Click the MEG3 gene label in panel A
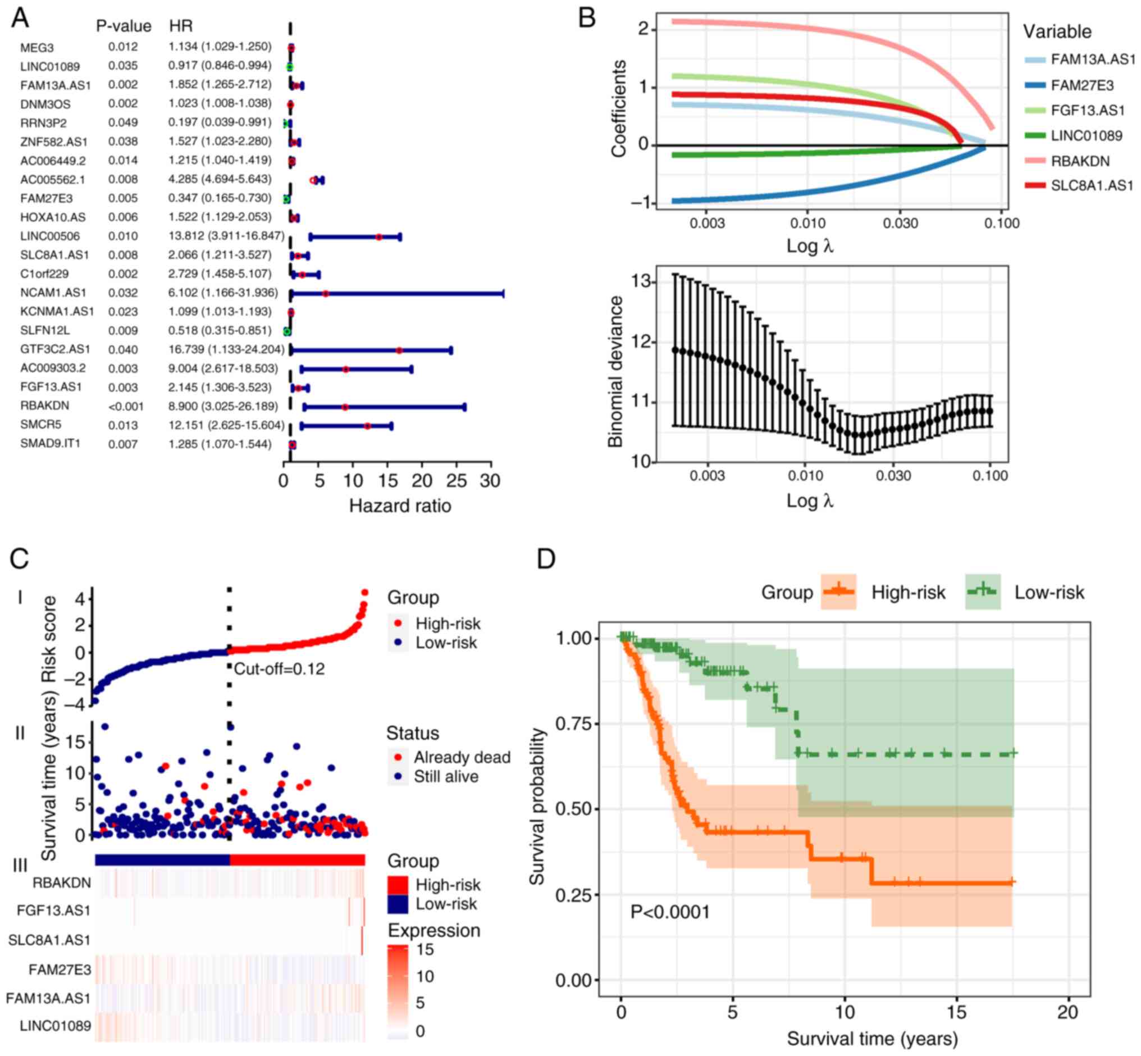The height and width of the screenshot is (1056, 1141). pos(36,47)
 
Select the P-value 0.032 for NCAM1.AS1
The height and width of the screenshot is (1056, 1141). pos(123,293)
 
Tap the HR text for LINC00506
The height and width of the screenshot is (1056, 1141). pos(226,235)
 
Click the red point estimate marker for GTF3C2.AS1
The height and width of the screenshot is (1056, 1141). pos(399,351)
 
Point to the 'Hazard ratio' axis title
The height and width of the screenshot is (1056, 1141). pos(400,506)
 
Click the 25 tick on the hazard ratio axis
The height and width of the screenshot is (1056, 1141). pos(456,481)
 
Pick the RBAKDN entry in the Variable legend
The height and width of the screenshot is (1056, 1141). pos(1080,161)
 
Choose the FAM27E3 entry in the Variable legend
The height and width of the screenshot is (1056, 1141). pos(1082,86)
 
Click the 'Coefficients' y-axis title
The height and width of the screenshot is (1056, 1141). pos(619,108)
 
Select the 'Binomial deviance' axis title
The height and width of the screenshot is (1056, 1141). pos(615,371)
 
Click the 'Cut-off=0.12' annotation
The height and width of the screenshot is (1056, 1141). pos(280,668)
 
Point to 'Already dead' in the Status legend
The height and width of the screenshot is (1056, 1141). pos(462,757)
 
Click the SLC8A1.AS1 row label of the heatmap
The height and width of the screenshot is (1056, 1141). pos(49,940)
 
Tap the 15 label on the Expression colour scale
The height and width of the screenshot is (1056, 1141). pos(425,949)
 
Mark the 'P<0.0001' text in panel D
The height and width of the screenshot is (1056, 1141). pos(670,912)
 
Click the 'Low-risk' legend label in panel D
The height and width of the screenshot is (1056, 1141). pos(1049,593)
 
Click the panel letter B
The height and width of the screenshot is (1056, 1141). pos(587,19)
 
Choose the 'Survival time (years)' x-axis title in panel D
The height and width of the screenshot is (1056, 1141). pos(872,1038)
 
